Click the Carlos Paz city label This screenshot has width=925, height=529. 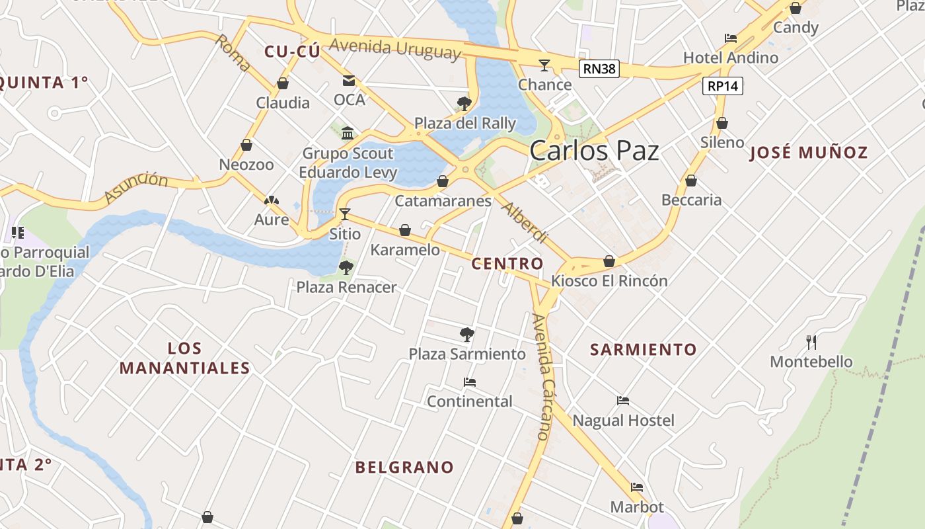(x=594, y=151)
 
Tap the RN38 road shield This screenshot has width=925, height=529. (x=599, y=68)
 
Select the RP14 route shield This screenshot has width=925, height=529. (x=723, y=85)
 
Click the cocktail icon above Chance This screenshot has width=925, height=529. (x=544, y=65)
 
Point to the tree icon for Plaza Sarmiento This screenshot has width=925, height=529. (x=467, y=335)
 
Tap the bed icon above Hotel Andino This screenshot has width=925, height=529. (x=730, y=38)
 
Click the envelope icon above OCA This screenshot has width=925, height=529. (x=348, y=81)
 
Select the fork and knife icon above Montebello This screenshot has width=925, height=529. (x=811, y=342)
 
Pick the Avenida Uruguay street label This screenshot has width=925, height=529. (x=395, y=49)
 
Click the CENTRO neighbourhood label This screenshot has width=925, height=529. (x=507, y=264)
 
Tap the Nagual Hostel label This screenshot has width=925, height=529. (x=623, y=421)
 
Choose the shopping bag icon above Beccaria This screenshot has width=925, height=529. (x=691, y=181)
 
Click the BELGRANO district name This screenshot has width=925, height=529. (x=404, y=468)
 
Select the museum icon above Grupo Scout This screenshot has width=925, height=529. (x=348, y=134)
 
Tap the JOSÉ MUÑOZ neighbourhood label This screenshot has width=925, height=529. (x=809, y=153)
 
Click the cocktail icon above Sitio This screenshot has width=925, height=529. (x=344, y=214)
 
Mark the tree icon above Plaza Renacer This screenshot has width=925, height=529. (x=346, y=268)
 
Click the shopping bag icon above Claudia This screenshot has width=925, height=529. (x=283, y=83)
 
